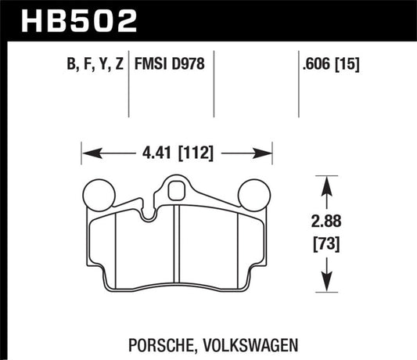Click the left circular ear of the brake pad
(99, 196)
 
